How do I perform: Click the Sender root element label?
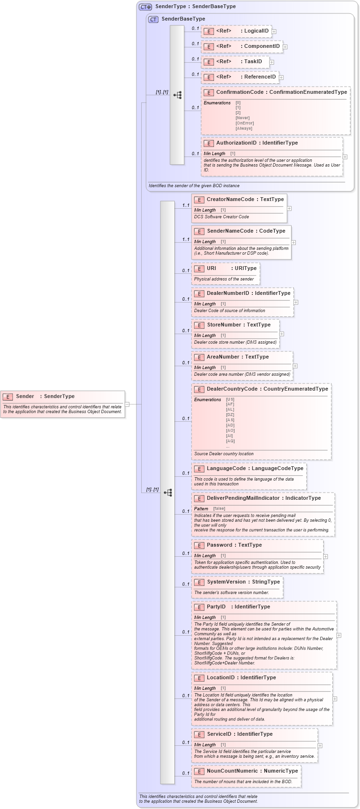pyautogui.click(x=25, y=396)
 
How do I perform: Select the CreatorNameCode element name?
pyautogui.click(x=225, y=200)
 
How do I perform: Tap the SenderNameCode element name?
pyautogui.click(x=230, y=231)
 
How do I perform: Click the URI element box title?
pyautogui.click(x=212, y=269)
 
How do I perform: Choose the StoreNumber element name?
pyautogui.click(x=224, y=325)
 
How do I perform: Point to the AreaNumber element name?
pyautogui.click(x=223, y=357)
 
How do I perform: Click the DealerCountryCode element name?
pyautogui.click(x=232, y=389)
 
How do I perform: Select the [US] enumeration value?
pyautogui.click(x=230, y=399)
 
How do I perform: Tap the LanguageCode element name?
pyautogui.click(x=226, y=469)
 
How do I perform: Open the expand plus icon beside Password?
pyautogui.click(x=326, y=557)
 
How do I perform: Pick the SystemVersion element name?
pyautogui.click(x=226, y=582)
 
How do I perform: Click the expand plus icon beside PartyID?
pyautogui.click(x=339, y=635)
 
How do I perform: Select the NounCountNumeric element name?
pyautogui.click(x=232, y=771)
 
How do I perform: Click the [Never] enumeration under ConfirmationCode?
pyautogui.click(x=242, y=118)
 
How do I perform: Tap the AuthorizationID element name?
pyautogui.click(x=236, y=143)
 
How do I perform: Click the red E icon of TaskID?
pyautogui.click(x=208, y=62)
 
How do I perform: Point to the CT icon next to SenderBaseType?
pyautogui.click(x=153, y=19)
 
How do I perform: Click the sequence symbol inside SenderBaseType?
pyautogui.click(x=177, y=95)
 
